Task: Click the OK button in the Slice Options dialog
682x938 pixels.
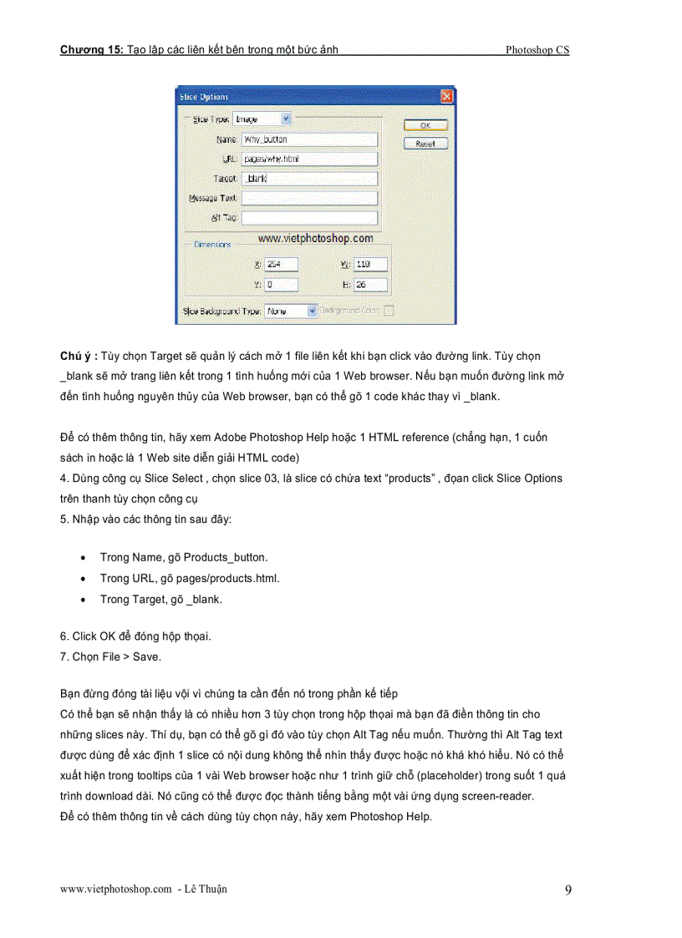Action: [x=425, y=125]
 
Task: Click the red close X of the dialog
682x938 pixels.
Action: [x=447, y=97]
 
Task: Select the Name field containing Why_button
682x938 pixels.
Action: [x=308, y=139]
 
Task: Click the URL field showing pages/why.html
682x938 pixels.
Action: [x=308, y=159]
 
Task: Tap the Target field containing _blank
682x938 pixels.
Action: [x=308, y=179]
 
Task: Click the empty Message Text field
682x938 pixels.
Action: [x=308, y=199]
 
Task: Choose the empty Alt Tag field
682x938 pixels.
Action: [x=308, y=218]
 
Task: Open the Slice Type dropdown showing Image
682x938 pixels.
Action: [x=262, y=119]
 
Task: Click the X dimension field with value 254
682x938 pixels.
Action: [x=281, y=265]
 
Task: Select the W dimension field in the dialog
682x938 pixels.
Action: [x=370, y=265]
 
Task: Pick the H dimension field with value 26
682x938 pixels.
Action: [x=370, y=285]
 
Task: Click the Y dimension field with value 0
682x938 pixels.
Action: [x=281, y=285]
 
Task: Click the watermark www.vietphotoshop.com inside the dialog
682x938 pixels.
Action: [x=315, y=239]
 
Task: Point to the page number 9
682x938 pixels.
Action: [x=568, y=890]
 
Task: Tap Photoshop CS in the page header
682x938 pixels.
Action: [x=537, y=50]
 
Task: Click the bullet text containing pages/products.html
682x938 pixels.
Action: [x=190, y=578]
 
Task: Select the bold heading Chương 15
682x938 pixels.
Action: [x=90, y=50]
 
